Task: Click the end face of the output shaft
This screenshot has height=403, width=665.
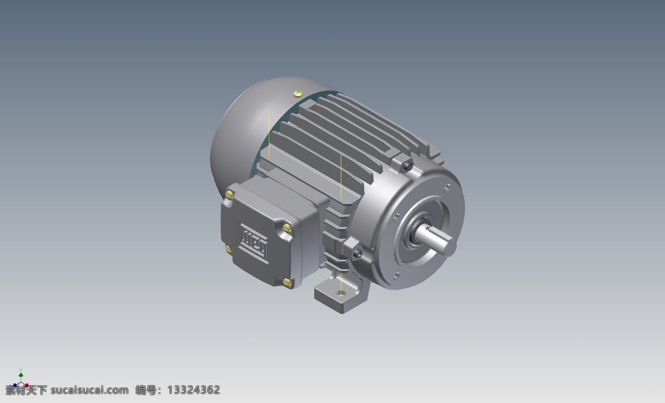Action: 451,246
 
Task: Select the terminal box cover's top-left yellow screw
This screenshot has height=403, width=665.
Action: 229,195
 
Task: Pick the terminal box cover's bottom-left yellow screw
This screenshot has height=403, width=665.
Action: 228,249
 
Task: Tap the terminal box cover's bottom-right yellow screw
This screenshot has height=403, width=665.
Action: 287,282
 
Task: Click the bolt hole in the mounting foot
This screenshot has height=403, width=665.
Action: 341,293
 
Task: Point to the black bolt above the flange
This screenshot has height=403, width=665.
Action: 408,167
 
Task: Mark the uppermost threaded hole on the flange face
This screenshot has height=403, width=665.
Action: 447,188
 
